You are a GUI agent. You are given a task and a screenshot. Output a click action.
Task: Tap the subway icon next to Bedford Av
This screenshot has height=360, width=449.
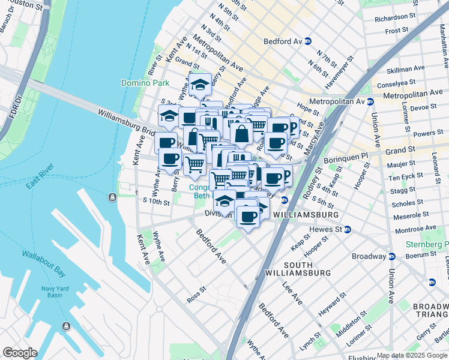coord(308,41)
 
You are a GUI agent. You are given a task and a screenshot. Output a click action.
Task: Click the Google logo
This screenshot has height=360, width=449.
coord(20,353)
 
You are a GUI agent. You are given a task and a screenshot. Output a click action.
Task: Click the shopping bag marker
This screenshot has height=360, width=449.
coord(241,134)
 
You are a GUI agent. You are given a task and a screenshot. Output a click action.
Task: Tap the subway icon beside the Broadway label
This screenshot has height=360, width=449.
coord(393,256)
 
